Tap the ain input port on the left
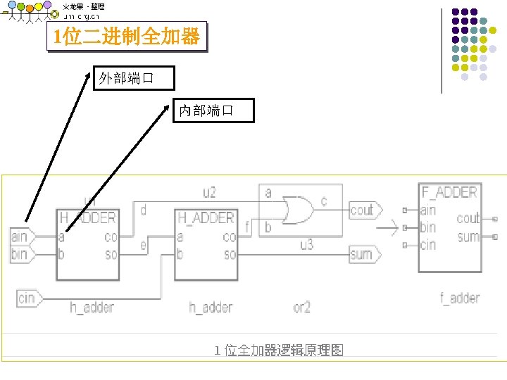(x=20, y=237)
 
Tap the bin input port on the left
(x=20, y=253)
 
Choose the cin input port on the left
(x=27, y=298)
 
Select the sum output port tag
(x=363, y=254)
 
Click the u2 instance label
(x=209, y=192)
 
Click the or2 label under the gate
(x=301, y=308)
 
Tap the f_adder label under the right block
(x=460, y=298)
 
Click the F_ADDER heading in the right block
(x=449, y=192)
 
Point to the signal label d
(x=144, y=210)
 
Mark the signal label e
(x=144, y=245)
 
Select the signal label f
(x=247, y=227)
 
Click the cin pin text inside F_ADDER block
(x=427, y=245)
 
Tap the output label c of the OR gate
(x=324, y=201)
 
